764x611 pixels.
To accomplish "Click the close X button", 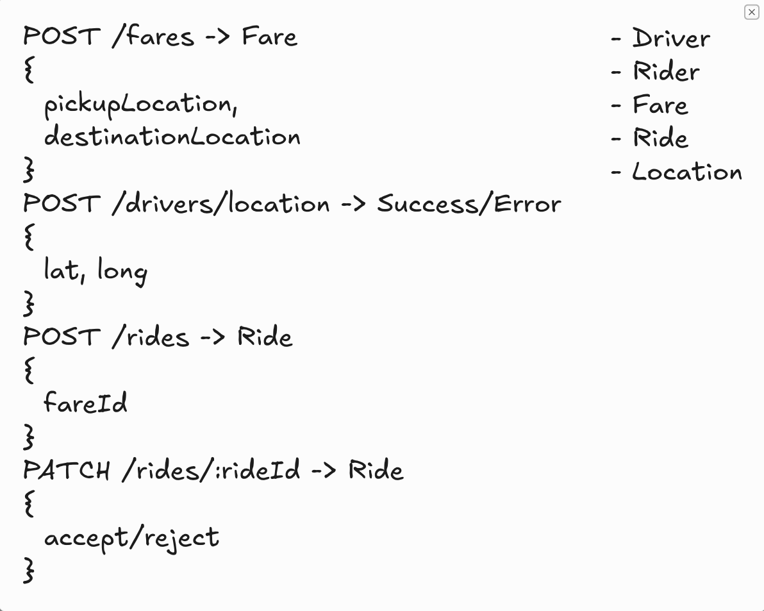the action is click(x=751, y=12).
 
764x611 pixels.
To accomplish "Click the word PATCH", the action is click(x=66, y=470).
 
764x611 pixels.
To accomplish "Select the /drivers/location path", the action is click(x=220, y=203).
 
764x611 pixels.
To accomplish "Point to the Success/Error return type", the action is click(x=469, y=203).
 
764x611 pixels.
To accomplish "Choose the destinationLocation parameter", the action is click(x=172, y=136).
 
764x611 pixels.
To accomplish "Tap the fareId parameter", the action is click(x=85, y=403).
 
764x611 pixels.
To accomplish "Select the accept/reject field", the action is click(x=131, y=539).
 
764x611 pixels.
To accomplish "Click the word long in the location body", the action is click(x=122, y=271).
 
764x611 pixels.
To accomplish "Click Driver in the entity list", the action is click(x=671, y=38).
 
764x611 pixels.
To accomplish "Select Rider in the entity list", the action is click(x=666, y=72).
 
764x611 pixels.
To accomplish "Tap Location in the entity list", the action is click(x=687, y=172).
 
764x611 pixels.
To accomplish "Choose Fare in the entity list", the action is click(x=660, y=105).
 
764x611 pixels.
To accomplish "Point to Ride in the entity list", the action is click(x=661, y=138).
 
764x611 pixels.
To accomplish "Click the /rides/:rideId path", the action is click(x=211, y=470).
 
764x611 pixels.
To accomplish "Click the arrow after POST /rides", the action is click(x=213, y=337).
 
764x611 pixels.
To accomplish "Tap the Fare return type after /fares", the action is click(x=269, y=37).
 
